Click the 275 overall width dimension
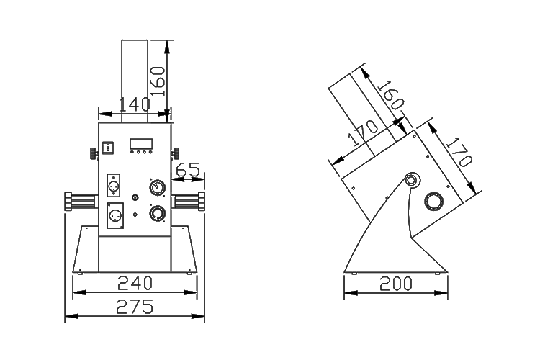134,307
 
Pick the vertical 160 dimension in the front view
158,80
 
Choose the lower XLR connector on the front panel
113,215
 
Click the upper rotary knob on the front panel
157,188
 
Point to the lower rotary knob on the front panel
157,214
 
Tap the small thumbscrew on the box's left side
94,153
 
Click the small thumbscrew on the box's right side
174,153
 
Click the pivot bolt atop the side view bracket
412,179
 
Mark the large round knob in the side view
434,201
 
